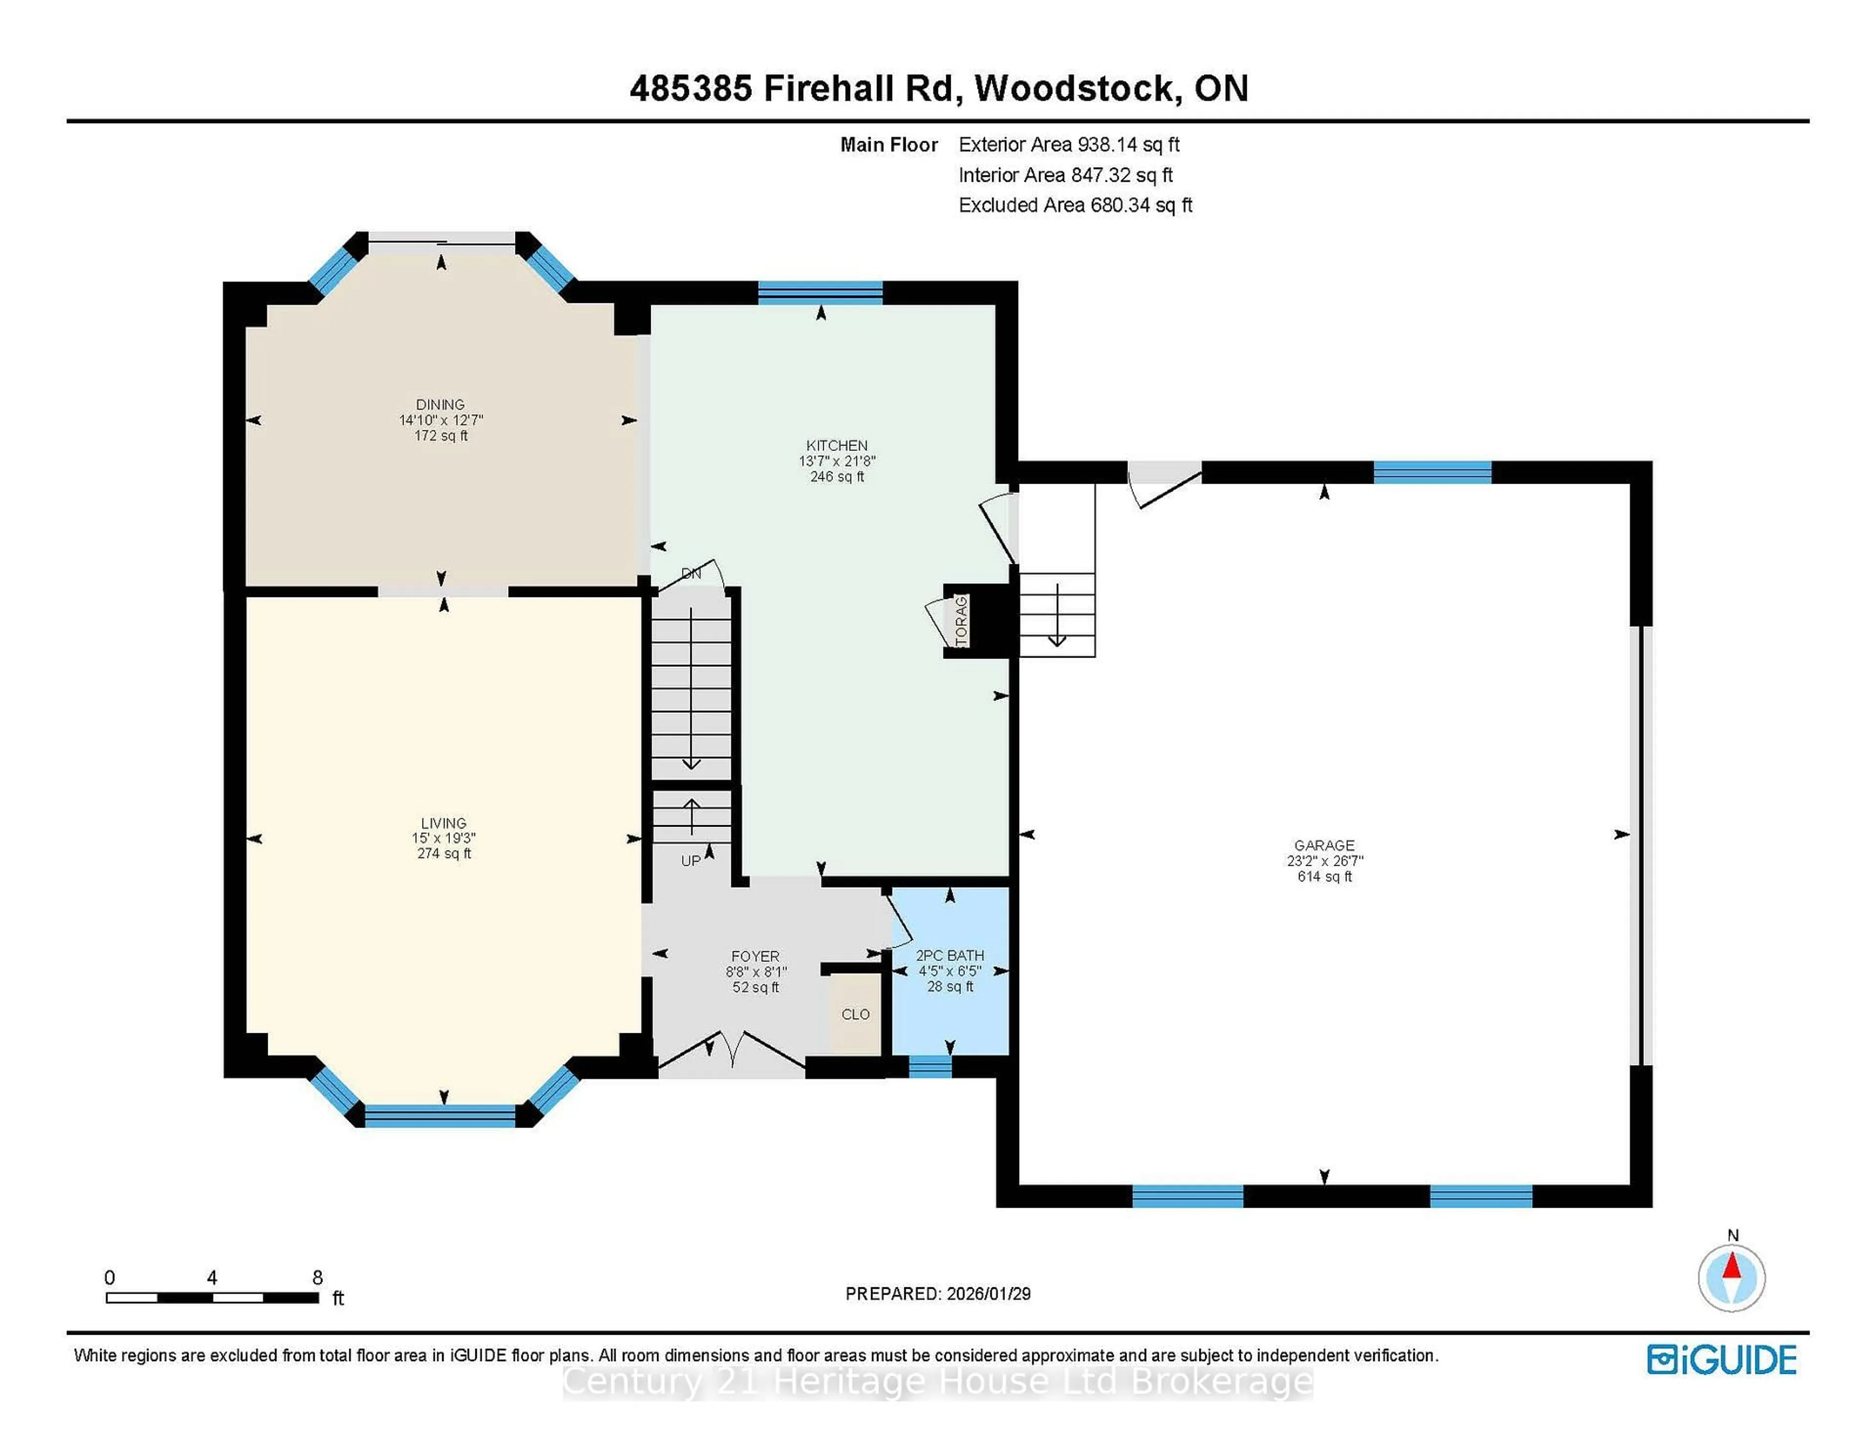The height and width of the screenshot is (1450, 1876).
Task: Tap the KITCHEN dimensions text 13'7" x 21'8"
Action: click(x=837, y=461)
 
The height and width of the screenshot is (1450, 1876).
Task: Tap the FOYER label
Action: click(x=755, y=956)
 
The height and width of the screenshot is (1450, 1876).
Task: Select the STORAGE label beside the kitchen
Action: click(x=961, y=620)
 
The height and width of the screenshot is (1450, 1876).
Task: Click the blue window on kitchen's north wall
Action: click(x=820, y=293)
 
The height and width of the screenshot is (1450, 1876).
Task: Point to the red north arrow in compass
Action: click(x=1732, y=1267)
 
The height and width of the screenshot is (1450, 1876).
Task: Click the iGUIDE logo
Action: click(x=1722, y=1360)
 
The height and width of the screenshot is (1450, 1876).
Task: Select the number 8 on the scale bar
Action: click(x=317, y=1278)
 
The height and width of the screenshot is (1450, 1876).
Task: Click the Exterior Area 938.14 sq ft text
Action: click(x=1068, y=144)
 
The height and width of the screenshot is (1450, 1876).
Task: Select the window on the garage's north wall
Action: click(x=1432, y=472)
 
